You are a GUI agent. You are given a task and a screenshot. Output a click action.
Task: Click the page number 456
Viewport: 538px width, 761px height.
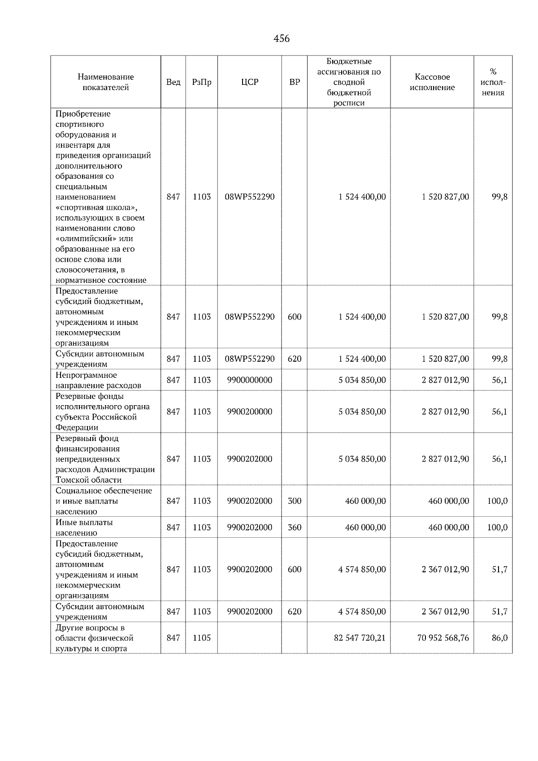tap(282, 39)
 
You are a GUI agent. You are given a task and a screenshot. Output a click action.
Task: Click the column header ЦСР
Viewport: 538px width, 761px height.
tap(249, 82)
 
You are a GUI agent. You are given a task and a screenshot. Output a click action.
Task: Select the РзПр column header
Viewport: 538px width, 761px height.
tap(201, 82)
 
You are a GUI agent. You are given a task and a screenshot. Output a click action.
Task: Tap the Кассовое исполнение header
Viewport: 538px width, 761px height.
tap(432, 82)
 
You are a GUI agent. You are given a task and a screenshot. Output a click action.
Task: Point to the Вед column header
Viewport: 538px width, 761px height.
tap(173, 82)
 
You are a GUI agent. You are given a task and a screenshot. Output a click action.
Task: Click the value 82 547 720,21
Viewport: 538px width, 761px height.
tap(360, 637)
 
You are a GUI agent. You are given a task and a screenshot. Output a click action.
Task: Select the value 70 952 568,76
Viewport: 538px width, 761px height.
tap(443, 637)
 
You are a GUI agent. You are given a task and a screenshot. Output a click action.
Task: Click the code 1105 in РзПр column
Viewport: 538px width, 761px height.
tap(201, 637)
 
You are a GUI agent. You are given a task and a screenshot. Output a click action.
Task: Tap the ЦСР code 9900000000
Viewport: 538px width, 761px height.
tap(249, 380)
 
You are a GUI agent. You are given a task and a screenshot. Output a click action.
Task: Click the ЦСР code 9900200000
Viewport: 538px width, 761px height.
tap(249, 411)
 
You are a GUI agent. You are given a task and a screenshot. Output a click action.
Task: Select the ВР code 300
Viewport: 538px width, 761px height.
tap(294, 501)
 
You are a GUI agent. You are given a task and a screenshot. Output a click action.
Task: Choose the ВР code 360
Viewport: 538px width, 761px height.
tap(294, 527)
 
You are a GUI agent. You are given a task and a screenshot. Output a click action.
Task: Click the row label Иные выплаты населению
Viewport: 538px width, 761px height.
tap(84, 527)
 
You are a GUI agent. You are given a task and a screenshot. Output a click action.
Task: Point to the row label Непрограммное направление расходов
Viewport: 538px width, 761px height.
tap(98, 380)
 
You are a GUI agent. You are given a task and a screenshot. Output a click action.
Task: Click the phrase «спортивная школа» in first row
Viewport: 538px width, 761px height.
tap(96, 208)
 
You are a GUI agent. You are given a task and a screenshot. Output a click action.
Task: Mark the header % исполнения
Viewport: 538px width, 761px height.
tap(493, 82)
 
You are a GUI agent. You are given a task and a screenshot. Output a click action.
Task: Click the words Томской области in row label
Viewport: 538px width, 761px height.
tap(88, 480)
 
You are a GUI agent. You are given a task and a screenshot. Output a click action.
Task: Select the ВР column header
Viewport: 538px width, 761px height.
tap(294, 82)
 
